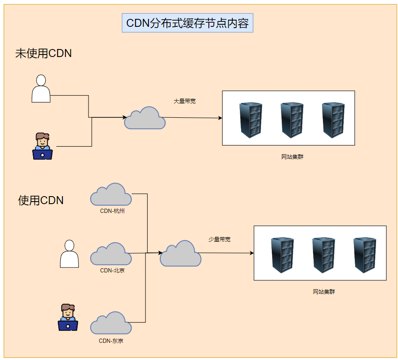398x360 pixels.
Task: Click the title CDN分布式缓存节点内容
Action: (x=187, y=23)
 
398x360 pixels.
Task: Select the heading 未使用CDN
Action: (x=44, y=54)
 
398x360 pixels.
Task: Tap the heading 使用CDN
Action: (x=41, y=200)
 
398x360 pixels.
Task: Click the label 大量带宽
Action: (x=185, y=101)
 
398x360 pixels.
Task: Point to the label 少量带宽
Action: (x=219, y=240)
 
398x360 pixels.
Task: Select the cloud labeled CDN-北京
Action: (x=111, y=254)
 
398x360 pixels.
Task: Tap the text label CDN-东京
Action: (x=111, y=341)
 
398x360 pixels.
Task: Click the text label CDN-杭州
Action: (x=112, y=211)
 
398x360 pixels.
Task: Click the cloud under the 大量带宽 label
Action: (x=145, y=118)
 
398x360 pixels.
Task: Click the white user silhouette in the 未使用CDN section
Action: (x=41, y=88)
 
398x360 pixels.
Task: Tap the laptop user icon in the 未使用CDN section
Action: (x=42, y=146)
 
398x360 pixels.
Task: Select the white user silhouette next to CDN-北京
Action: (x=69, y=254)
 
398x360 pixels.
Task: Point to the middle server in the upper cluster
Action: (x=292, y=120)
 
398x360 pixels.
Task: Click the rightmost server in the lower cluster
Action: (x=364, y=256)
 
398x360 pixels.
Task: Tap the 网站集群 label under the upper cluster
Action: (x=292, y=157)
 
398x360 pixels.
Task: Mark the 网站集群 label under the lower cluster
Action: (x=324, y=292)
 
